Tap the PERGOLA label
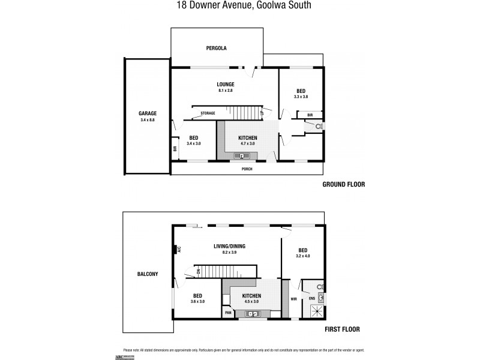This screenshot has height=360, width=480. pos(217,48)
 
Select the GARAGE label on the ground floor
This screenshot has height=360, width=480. pos(148,113)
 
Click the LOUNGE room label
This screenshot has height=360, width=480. pos(226,84)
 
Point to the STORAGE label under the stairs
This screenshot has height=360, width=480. pos(208,113)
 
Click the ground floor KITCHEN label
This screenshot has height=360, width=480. pos(247,137)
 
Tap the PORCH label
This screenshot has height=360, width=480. pos(247,169)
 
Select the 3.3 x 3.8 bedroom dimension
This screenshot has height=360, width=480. pos(301,97)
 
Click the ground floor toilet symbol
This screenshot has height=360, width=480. pos(319,127)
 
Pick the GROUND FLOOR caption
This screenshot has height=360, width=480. pos(343,184)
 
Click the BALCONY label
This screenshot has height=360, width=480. pos(148,274)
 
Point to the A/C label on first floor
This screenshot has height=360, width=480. pos(179,250)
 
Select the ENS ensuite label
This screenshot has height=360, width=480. pos(311,298)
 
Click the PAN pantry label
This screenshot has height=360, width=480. pos(228,313)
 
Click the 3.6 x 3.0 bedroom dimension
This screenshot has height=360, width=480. pos(197,301)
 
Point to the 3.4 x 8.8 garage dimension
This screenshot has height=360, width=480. pos(148,119)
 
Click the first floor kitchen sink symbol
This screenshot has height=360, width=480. pos(253,314)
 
